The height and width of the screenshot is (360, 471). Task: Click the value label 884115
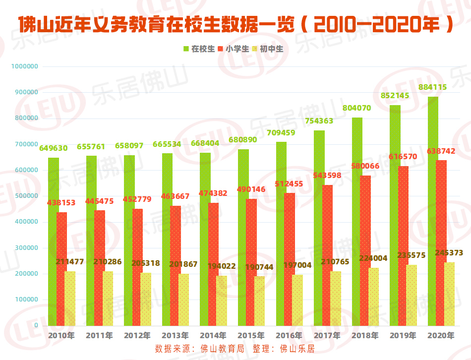[433, 87]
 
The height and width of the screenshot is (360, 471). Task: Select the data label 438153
[61, 203]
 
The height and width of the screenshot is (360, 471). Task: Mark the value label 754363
[319, 121]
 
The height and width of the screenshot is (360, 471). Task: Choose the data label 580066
[365, 166]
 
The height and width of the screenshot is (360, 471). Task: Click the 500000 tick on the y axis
[26, 196]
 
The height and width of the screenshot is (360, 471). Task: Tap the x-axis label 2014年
[213, 336]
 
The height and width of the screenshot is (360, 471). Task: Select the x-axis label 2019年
[403, 336]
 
